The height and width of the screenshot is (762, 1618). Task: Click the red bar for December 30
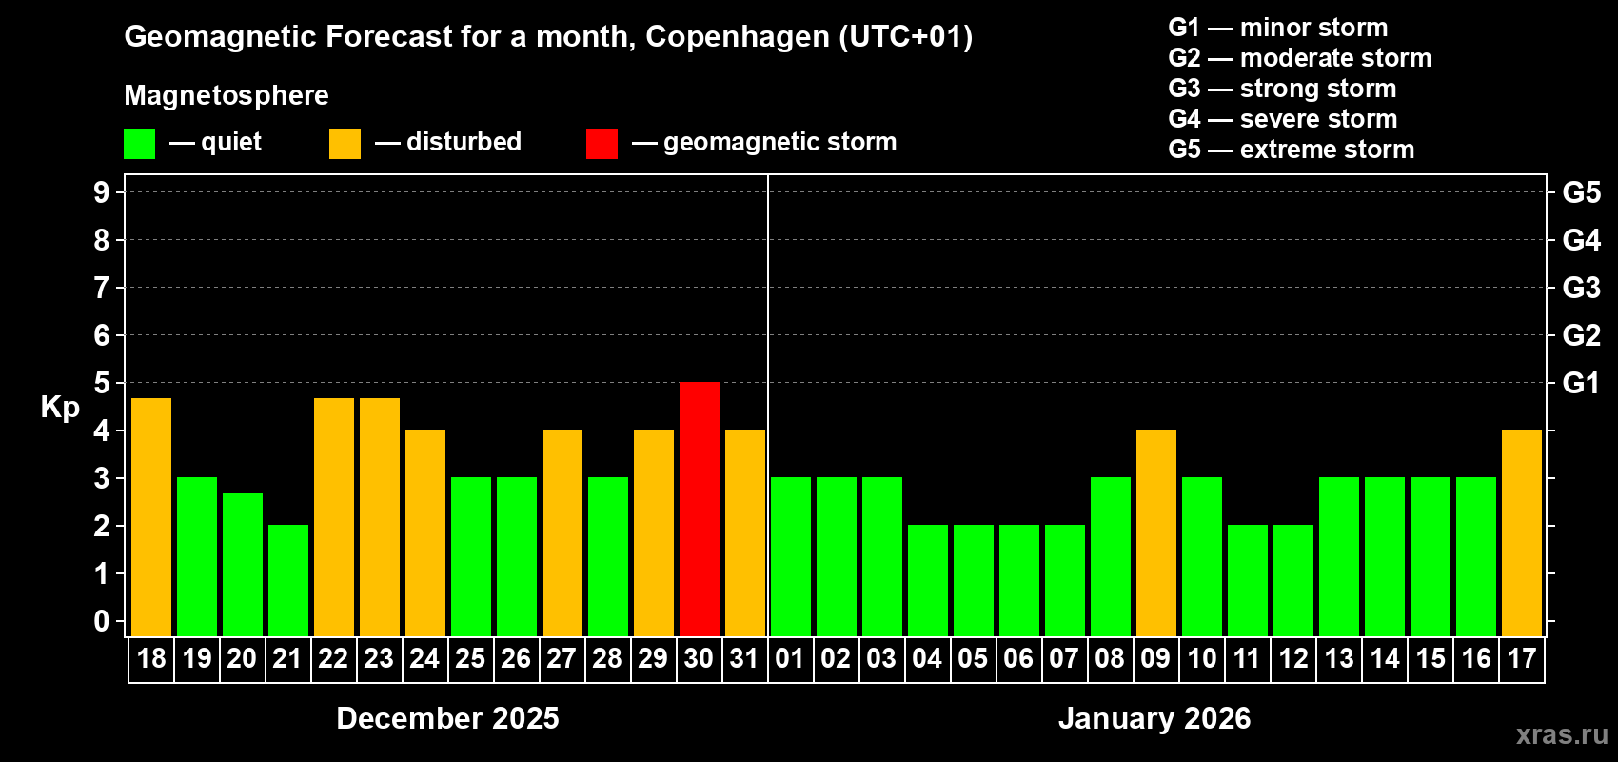(700, 509)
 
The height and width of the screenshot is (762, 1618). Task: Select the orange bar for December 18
(151, 516)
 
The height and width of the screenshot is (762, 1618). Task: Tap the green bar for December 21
(288, 580)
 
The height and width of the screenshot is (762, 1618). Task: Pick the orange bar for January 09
(1156, 532)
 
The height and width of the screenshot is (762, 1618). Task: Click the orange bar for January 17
(1522, 532)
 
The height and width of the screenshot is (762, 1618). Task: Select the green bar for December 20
(243, 564)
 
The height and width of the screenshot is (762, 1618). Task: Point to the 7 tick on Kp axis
(102, 288)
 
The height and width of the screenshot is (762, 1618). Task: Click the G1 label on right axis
(1581, 383)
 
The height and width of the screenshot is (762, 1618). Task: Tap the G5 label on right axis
(1581, 192)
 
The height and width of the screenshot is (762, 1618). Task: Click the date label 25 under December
(470, 658)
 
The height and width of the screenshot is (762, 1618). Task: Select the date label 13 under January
(1339, 658)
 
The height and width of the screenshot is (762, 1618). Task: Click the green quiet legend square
(140, 144)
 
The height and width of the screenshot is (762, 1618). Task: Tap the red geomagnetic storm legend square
(602, 144)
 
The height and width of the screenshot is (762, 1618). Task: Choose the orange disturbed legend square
(345, 144)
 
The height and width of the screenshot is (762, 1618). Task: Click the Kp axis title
(60, 407)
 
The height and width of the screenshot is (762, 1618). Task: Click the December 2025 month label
(447, 718)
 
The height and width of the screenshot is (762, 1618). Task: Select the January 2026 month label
(1154, 718)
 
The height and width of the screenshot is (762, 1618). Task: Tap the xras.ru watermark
(1562, 734)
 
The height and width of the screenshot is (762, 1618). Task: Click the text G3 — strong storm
(1282, 89)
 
